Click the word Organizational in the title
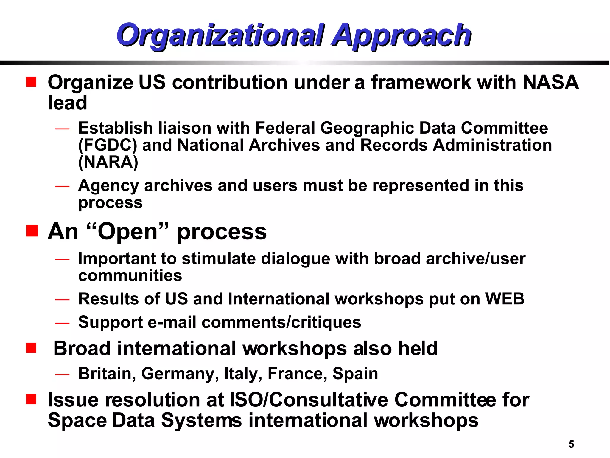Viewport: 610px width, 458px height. coord(220,36)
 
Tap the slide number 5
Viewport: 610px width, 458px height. coord(571,444)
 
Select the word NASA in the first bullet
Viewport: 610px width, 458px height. coord(550,82)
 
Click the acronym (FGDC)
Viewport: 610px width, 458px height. coord(108,146)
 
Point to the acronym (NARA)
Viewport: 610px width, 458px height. coord(108,163)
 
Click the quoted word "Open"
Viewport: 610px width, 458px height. coord(128,232)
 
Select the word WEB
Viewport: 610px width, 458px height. coord(505,299)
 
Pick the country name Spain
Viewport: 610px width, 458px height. coord(355,374)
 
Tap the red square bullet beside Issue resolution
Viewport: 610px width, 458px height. coord(31,399)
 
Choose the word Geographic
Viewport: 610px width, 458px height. coord(367,128)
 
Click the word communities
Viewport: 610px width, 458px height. coord(130,276)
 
